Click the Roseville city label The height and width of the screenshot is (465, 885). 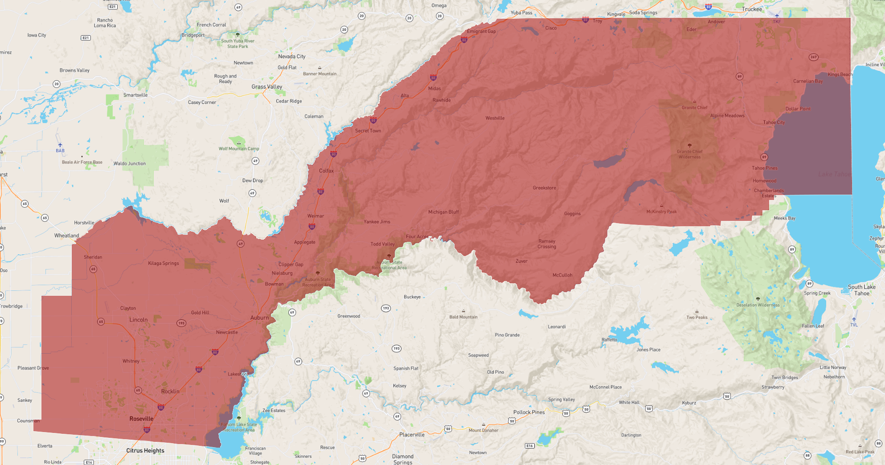point(141,419)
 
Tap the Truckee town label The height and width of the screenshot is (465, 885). point(752,9)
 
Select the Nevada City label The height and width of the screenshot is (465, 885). point(291,57)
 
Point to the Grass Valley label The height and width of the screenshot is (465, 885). point(267,87)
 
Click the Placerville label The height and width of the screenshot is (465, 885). point(412,435)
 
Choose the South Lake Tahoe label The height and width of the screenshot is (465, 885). point(861,290)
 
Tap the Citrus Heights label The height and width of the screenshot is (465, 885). point(145,451)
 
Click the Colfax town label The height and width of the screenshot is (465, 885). point(326,171)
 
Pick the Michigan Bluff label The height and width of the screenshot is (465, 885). point(443,212)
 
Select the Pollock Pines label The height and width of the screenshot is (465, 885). point(529,412)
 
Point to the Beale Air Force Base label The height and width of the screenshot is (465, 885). point(82,162)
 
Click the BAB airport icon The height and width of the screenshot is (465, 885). point(60,145)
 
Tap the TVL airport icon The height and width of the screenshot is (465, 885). point(854,319)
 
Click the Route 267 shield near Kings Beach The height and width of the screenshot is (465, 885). point(814,57)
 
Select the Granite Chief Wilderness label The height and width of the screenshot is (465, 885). point(689,154)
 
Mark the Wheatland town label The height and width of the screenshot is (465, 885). point(67,236)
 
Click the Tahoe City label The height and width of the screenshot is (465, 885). point(774,122)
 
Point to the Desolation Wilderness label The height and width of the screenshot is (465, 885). point(758,305)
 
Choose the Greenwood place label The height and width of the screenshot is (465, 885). point(348,316)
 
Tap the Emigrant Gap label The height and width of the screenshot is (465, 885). point(481,32)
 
